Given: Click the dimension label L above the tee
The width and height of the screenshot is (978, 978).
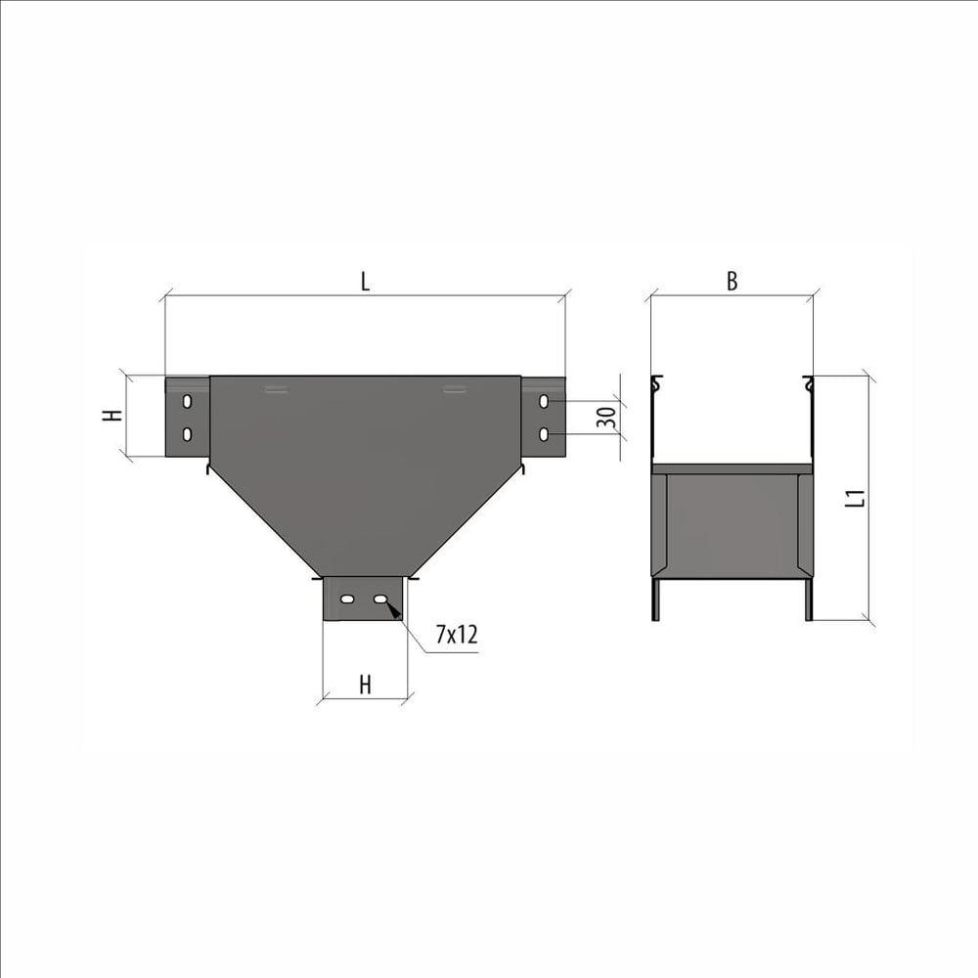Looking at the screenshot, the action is [x=366, y=282].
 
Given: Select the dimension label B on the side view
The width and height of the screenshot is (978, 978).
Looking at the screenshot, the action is [x=733, y=282].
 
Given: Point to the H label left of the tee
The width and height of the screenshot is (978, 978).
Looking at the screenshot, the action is [x=112, y=416].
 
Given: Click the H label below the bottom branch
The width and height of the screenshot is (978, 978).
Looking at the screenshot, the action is [x=366, y=685].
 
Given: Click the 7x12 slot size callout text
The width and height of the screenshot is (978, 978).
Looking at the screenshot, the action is [x=457, y=635].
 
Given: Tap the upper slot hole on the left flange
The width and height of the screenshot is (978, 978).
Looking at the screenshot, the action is [x=187, y=402].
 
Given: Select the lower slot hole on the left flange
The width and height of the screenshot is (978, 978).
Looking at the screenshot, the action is [x=187, y=434].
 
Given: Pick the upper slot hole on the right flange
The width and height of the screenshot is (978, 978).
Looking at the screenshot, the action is [x=544, y=402].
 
